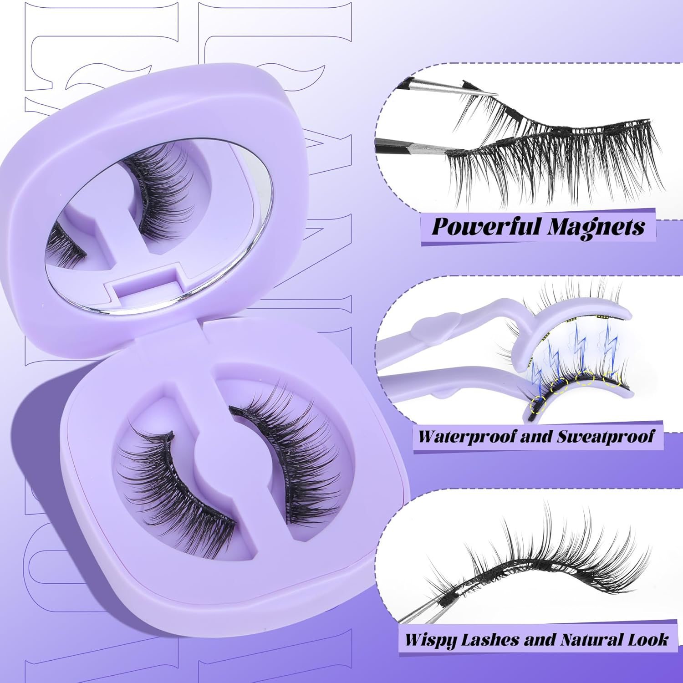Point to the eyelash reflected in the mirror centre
coord(159,191)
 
